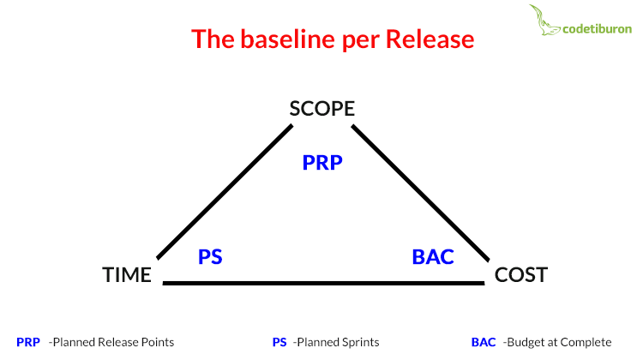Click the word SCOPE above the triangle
pyautogui.click(x=321, y=109)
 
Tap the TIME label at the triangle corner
pyautogui.click(x=127, y=275)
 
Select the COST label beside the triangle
pyautogui.click(x=520, y=275)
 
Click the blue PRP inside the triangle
pyautogui.click(x=322, y=163)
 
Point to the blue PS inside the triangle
pyautogui.click(x=210, y=257)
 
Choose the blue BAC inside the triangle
pyautogui.click(x=433, y=257)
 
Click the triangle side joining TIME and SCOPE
pyautogui.click(x=225, y=192)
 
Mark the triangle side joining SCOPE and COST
pyautogui.click(x=420, y=193)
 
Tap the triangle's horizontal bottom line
pyautogui.click(x=323, y=283)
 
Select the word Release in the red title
pyautogui.click(x=430, y=39)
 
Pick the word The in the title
pyautogui.click(x=213, y=39)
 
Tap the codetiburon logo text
pyautogui.click(x=597, y=29)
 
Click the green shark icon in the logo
pyautogui.click(x=544, y=20)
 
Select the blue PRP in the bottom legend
pyautogui.click(x=28, y=342)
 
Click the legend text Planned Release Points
pyautogui.click(x=111, y=342)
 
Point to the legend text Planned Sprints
pyautogui.click(x=336, y=342)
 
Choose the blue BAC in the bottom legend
pyautogui.click(x=484, y=342)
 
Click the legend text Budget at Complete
pyautogui.click(x=557, y=342)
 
